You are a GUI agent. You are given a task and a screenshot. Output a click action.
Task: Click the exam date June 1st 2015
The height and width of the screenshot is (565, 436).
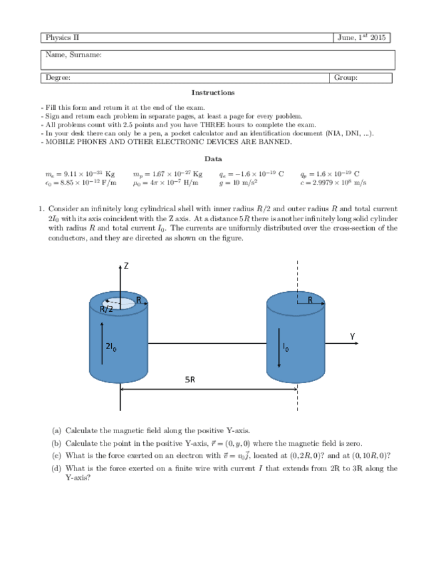[x=362, y=38]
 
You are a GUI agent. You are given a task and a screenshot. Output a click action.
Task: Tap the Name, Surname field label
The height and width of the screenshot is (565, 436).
[x=73, y=55]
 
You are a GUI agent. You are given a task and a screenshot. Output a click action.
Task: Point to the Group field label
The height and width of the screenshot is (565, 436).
[x=346, y=78]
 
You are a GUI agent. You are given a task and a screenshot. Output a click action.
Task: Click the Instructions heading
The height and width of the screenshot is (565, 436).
[x=213, y=93]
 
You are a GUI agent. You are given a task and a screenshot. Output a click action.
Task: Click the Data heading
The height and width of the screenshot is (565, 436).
[x=213, y=159]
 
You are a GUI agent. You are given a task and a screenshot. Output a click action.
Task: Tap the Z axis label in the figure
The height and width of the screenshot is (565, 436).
[x=125, y=267]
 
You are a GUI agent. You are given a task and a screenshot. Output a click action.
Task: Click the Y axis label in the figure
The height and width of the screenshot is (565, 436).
[x=353, y=336]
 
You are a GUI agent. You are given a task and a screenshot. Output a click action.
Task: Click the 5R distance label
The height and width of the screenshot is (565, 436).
[x=190, y=380]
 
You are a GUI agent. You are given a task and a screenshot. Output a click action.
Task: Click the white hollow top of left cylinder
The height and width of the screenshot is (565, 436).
[x=119, y=303]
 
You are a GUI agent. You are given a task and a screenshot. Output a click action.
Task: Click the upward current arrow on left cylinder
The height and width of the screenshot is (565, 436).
[x=102, y=342]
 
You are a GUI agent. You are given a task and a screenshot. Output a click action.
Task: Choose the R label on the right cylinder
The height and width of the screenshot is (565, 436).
[x=310, y=300]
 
